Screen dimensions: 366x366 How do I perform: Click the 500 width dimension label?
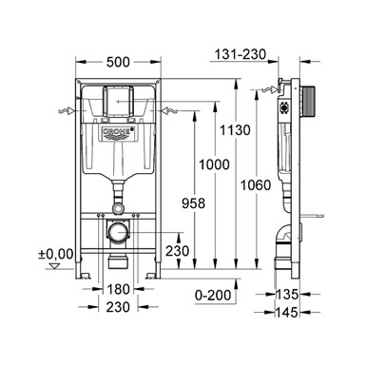click(x=118, y=62)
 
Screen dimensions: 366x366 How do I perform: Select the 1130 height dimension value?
click(x=235, y=130)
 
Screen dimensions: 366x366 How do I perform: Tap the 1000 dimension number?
click(x=214, y=164)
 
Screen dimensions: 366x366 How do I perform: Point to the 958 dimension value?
click(x=194, y=203)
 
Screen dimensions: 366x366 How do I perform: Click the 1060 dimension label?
click(x=256, y=185)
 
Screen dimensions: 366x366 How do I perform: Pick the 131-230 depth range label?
click(x=241, y=54)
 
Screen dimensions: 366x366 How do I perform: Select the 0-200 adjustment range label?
click(x=213, y=296)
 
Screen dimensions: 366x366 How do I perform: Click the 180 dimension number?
click(x=118, y=289)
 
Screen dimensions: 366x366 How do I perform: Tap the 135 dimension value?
click(x=287, y=295)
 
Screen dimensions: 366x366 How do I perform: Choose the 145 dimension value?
click(x=287, y=313)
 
